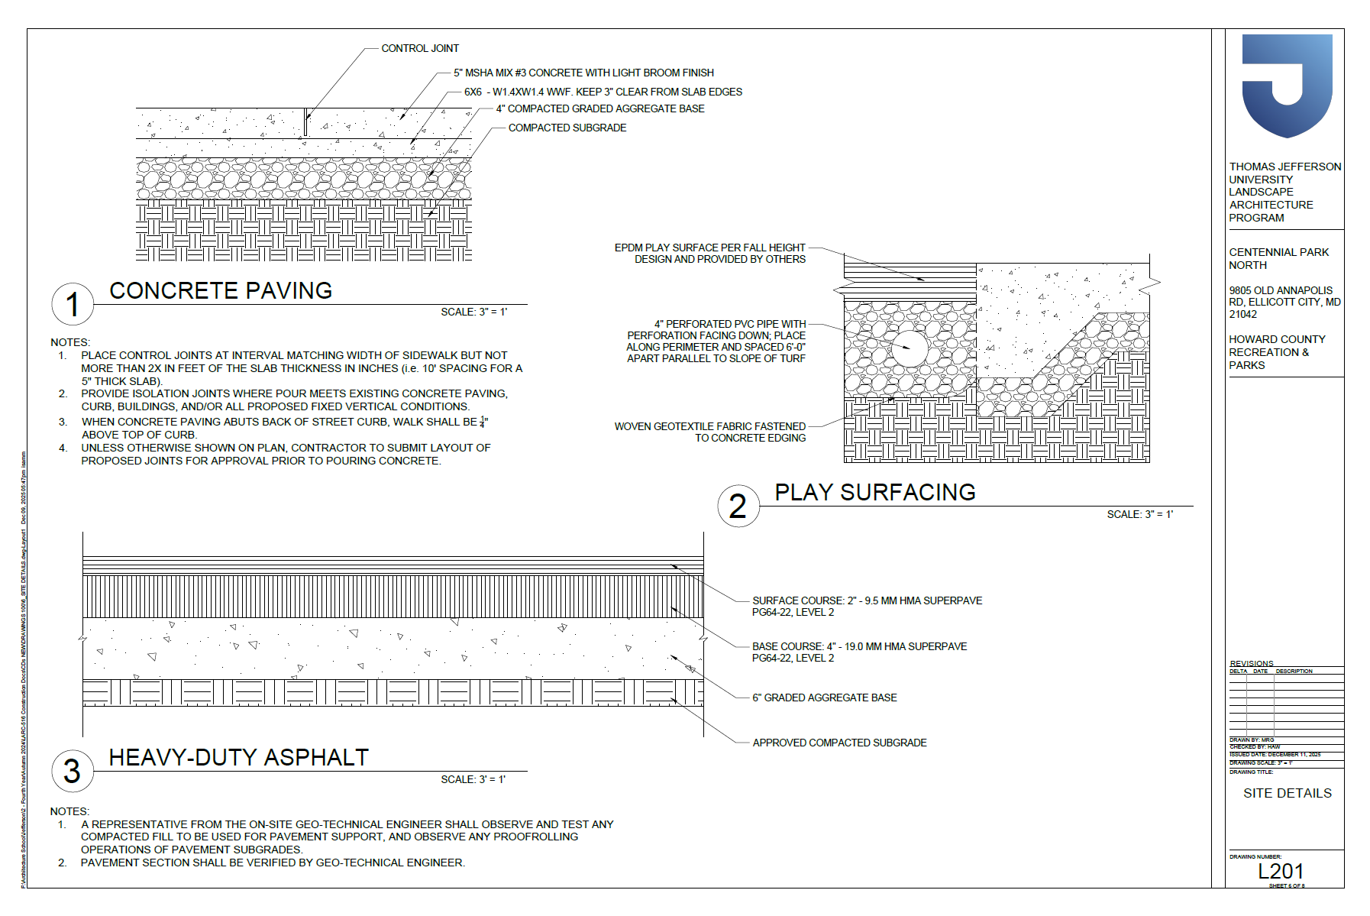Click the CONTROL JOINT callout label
tap(420, 48)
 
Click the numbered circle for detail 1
tap(73, 304)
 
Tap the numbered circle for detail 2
tap(738, 506)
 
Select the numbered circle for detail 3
tap(73, 771)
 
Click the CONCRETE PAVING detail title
tap(221, 290)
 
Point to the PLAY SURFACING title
tap(875, 492)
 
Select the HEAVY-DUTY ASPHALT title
tap(239, 757)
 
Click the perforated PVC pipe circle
tap(910, 348)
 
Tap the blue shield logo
tap(1287, 84)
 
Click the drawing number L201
tap(1281, 871)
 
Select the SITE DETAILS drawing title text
tap(1287, 793)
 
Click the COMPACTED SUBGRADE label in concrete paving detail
tap(567, 128)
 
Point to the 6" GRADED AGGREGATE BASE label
tap(824, 698)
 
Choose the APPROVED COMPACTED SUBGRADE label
tap(839, 743)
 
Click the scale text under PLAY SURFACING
tap(1139, 514)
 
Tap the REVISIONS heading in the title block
tap(1252, 663)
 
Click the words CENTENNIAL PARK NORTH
tap(1278, 258)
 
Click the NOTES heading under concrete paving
tap(70, 342)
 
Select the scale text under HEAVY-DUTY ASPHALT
tap(473, 779)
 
